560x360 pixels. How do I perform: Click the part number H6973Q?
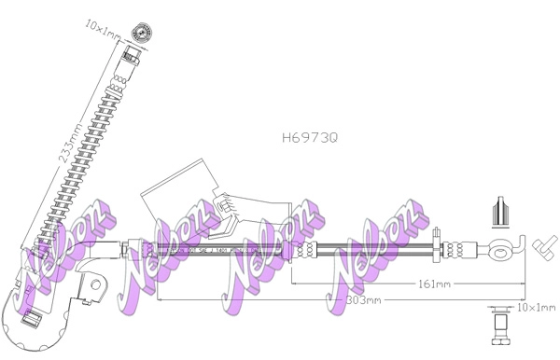(x=309, y=137)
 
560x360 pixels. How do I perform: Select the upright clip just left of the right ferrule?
(x=437, y=248)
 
